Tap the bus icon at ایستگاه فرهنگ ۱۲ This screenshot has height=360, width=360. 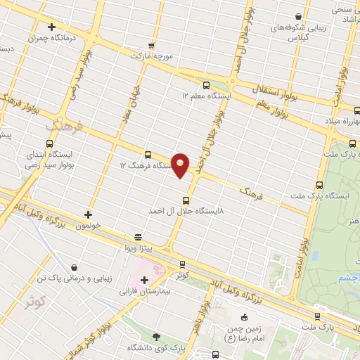pyautogui.click(x=148, y=155)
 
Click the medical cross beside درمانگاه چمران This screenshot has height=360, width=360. pyautogui.click(x=51, y=27)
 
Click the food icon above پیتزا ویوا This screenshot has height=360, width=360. pyautogui.click(x=138, y=238)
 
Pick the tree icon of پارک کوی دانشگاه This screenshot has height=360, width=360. pyautogui.click(x=155, y=337)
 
